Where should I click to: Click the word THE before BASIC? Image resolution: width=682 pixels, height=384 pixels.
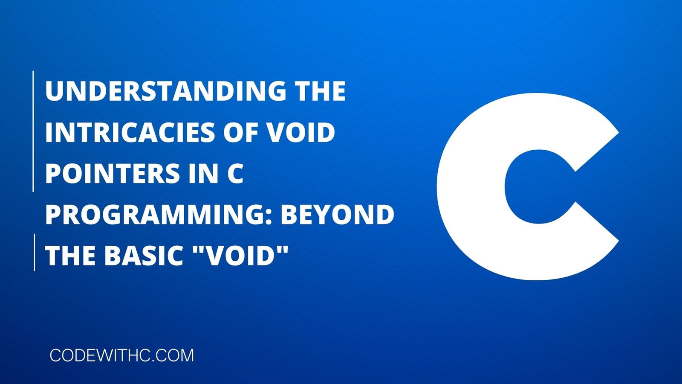click(x=71, y=256)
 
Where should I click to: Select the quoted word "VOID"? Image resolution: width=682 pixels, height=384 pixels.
click(x=233, y=256)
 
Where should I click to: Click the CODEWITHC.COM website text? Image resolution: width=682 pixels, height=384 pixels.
click(x=122, y=355)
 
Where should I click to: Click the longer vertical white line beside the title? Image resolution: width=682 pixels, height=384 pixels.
click(x=33, y=131)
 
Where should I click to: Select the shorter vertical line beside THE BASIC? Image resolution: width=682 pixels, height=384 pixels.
click(x=34, y=252)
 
